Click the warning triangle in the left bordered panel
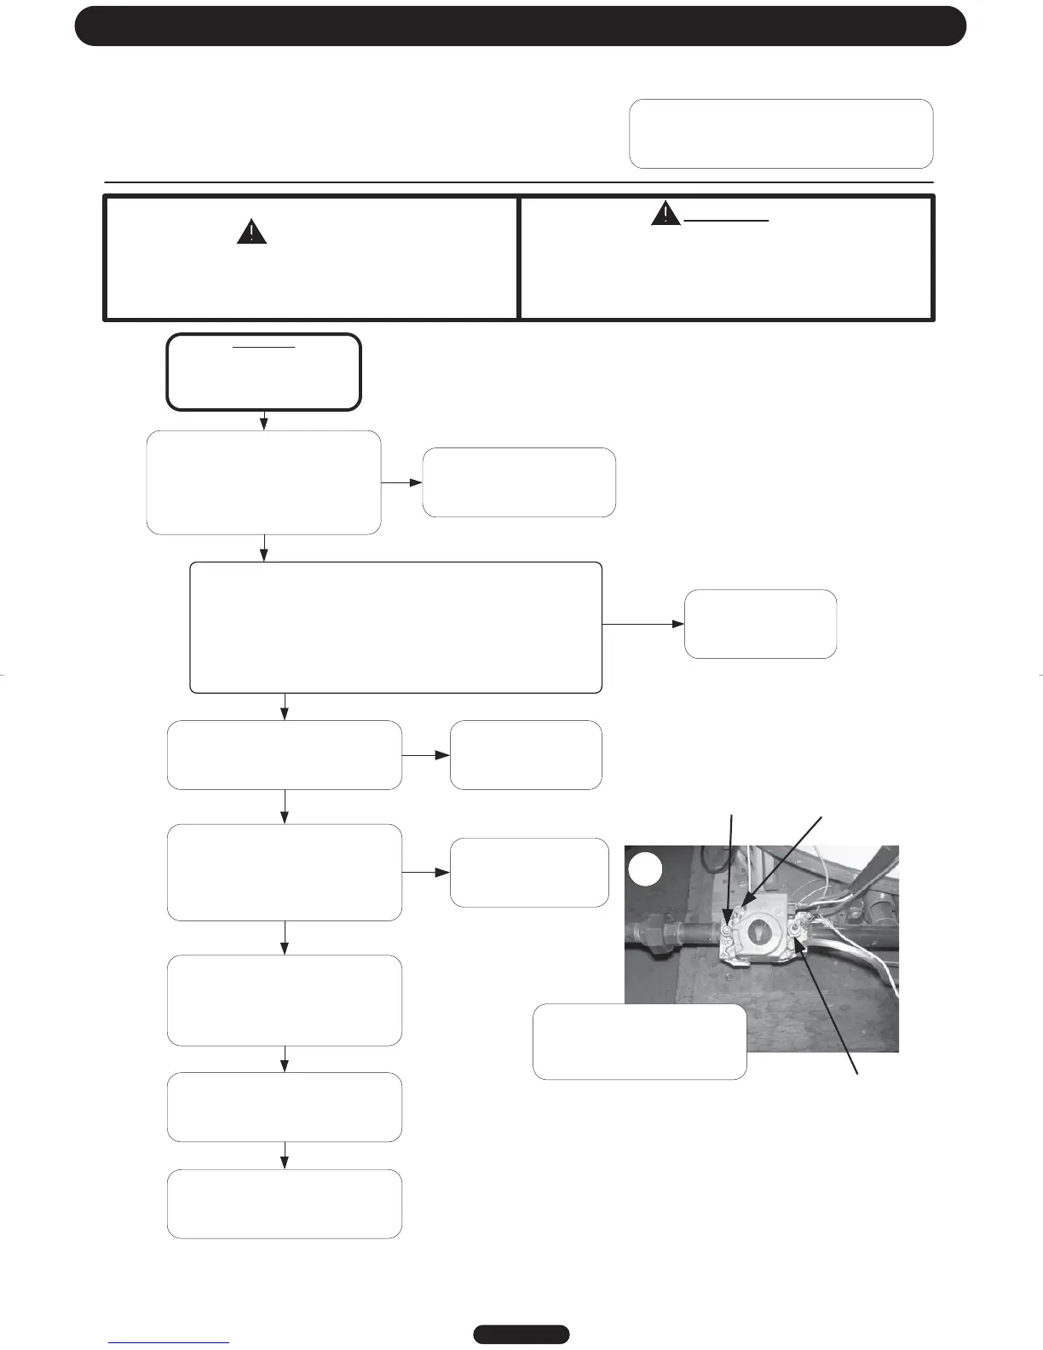pos(251,233)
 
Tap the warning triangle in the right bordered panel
pos(666,213)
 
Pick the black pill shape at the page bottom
pos(521,1334)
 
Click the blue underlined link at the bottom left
pos(169,1342)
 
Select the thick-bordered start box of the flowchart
pos(264,372)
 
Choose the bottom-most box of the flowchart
pos(285,1203)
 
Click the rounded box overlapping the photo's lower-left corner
pos(640,1041)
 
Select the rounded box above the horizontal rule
pos(781,134)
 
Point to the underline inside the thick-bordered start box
pos(264,348)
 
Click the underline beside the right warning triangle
pos(727,221)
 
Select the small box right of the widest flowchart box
pos(760,624)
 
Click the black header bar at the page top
pos(521,26)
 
